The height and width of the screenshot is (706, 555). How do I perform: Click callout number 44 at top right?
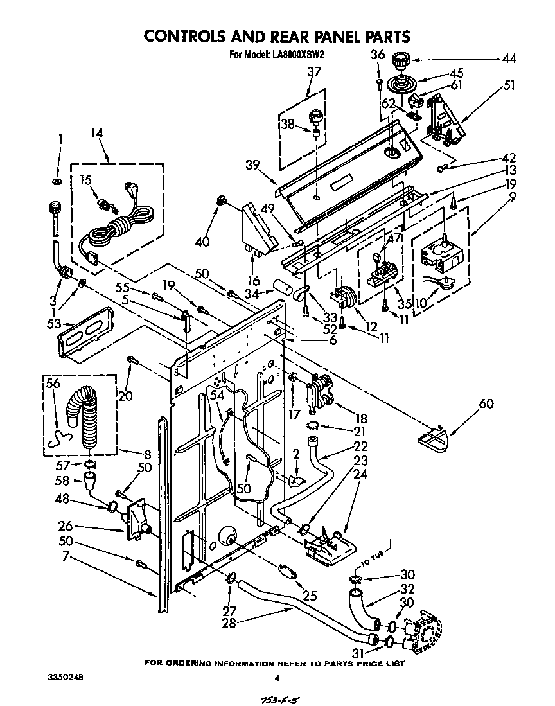(x=509, y=59)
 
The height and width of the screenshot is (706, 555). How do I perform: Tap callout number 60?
(x=488, y=403)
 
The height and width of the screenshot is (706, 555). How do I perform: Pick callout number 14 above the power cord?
(x=96, y=134)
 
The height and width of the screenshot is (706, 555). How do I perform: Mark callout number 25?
(x=310, y=596)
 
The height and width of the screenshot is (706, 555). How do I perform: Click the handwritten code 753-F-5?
(x=281, y=698)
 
